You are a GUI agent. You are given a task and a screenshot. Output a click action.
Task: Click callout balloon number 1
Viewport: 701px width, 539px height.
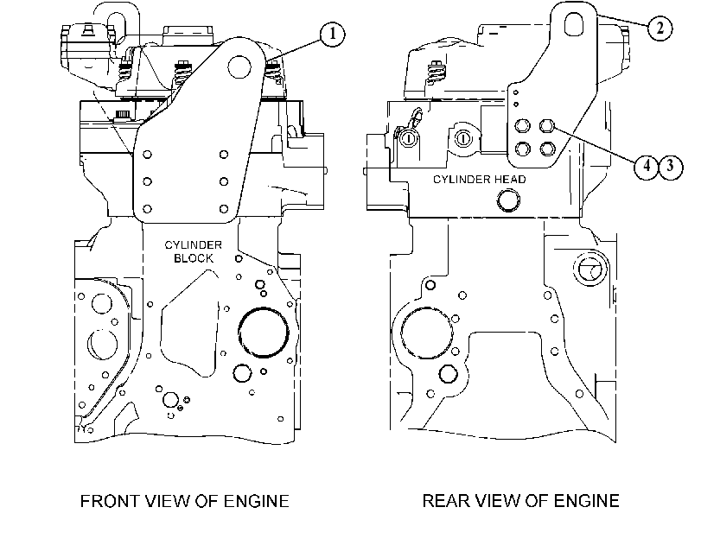(x=332, y=34)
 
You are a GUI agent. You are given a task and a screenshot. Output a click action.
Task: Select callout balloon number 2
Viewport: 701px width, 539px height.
(x=660, y=28)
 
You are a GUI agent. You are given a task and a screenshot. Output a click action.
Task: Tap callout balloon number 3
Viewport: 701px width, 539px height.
(x=670, y=167)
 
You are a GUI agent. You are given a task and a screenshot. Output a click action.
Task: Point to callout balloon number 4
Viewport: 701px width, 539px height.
(x=647, y=167)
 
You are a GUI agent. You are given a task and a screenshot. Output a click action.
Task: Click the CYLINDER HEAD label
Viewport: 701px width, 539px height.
(x=479, y=179)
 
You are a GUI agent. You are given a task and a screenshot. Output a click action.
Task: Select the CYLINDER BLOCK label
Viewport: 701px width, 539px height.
(x=193, y=251)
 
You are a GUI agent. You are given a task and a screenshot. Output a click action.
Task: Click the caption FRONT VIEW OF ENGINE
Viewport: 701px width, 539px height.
(x=185, y=501)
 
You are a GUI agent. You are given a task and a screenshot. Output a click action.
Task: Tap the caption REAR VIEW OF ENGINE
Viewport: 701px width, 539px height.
(x=521, y=501)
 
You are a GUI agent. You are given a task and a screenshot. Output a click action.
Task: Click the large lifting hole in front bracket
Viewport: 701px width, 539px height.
(x=239, y=67)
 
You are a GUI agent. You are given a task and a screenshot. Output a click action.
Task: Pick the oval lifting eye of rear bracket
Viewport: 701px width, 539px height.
(x=574, y=23)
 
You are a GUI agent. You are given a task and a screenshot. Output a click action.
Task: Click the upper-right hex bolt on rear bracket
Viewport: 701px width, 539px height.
(x=547, y=126)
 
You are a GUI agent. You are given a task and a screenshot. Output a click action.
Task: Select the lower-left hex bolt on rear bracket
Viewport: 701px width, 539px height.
(x=523, y=149)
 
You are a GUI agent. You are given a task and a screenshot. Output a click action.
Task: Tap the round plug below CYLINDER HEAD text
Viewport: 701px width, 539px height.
(x=508, y=200)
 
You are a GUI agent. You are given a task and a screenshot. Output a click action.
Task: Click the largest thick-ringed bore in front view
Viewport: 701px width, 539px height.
(x=263, y=332)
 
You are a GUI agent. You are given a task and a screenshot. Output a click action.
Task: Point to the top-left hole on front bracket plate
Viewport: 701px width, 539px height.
(x=147, y=155)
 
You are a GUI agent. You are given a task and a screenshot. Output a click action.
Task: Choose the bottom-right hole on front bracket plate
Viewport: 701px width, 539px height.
(x=224, y=209)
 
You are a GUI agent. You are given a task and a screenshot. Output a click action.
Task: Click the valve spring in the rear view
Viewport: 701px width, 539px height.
(x=434, y=73)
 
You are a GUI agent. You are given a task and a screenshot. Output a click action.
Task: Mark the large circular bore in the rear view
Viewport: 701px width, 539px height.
(x=427, y=333)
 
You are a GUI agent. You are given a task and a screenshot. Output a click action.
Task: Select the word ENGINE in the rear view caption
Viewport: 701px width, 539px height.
(x=586, y=501)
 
